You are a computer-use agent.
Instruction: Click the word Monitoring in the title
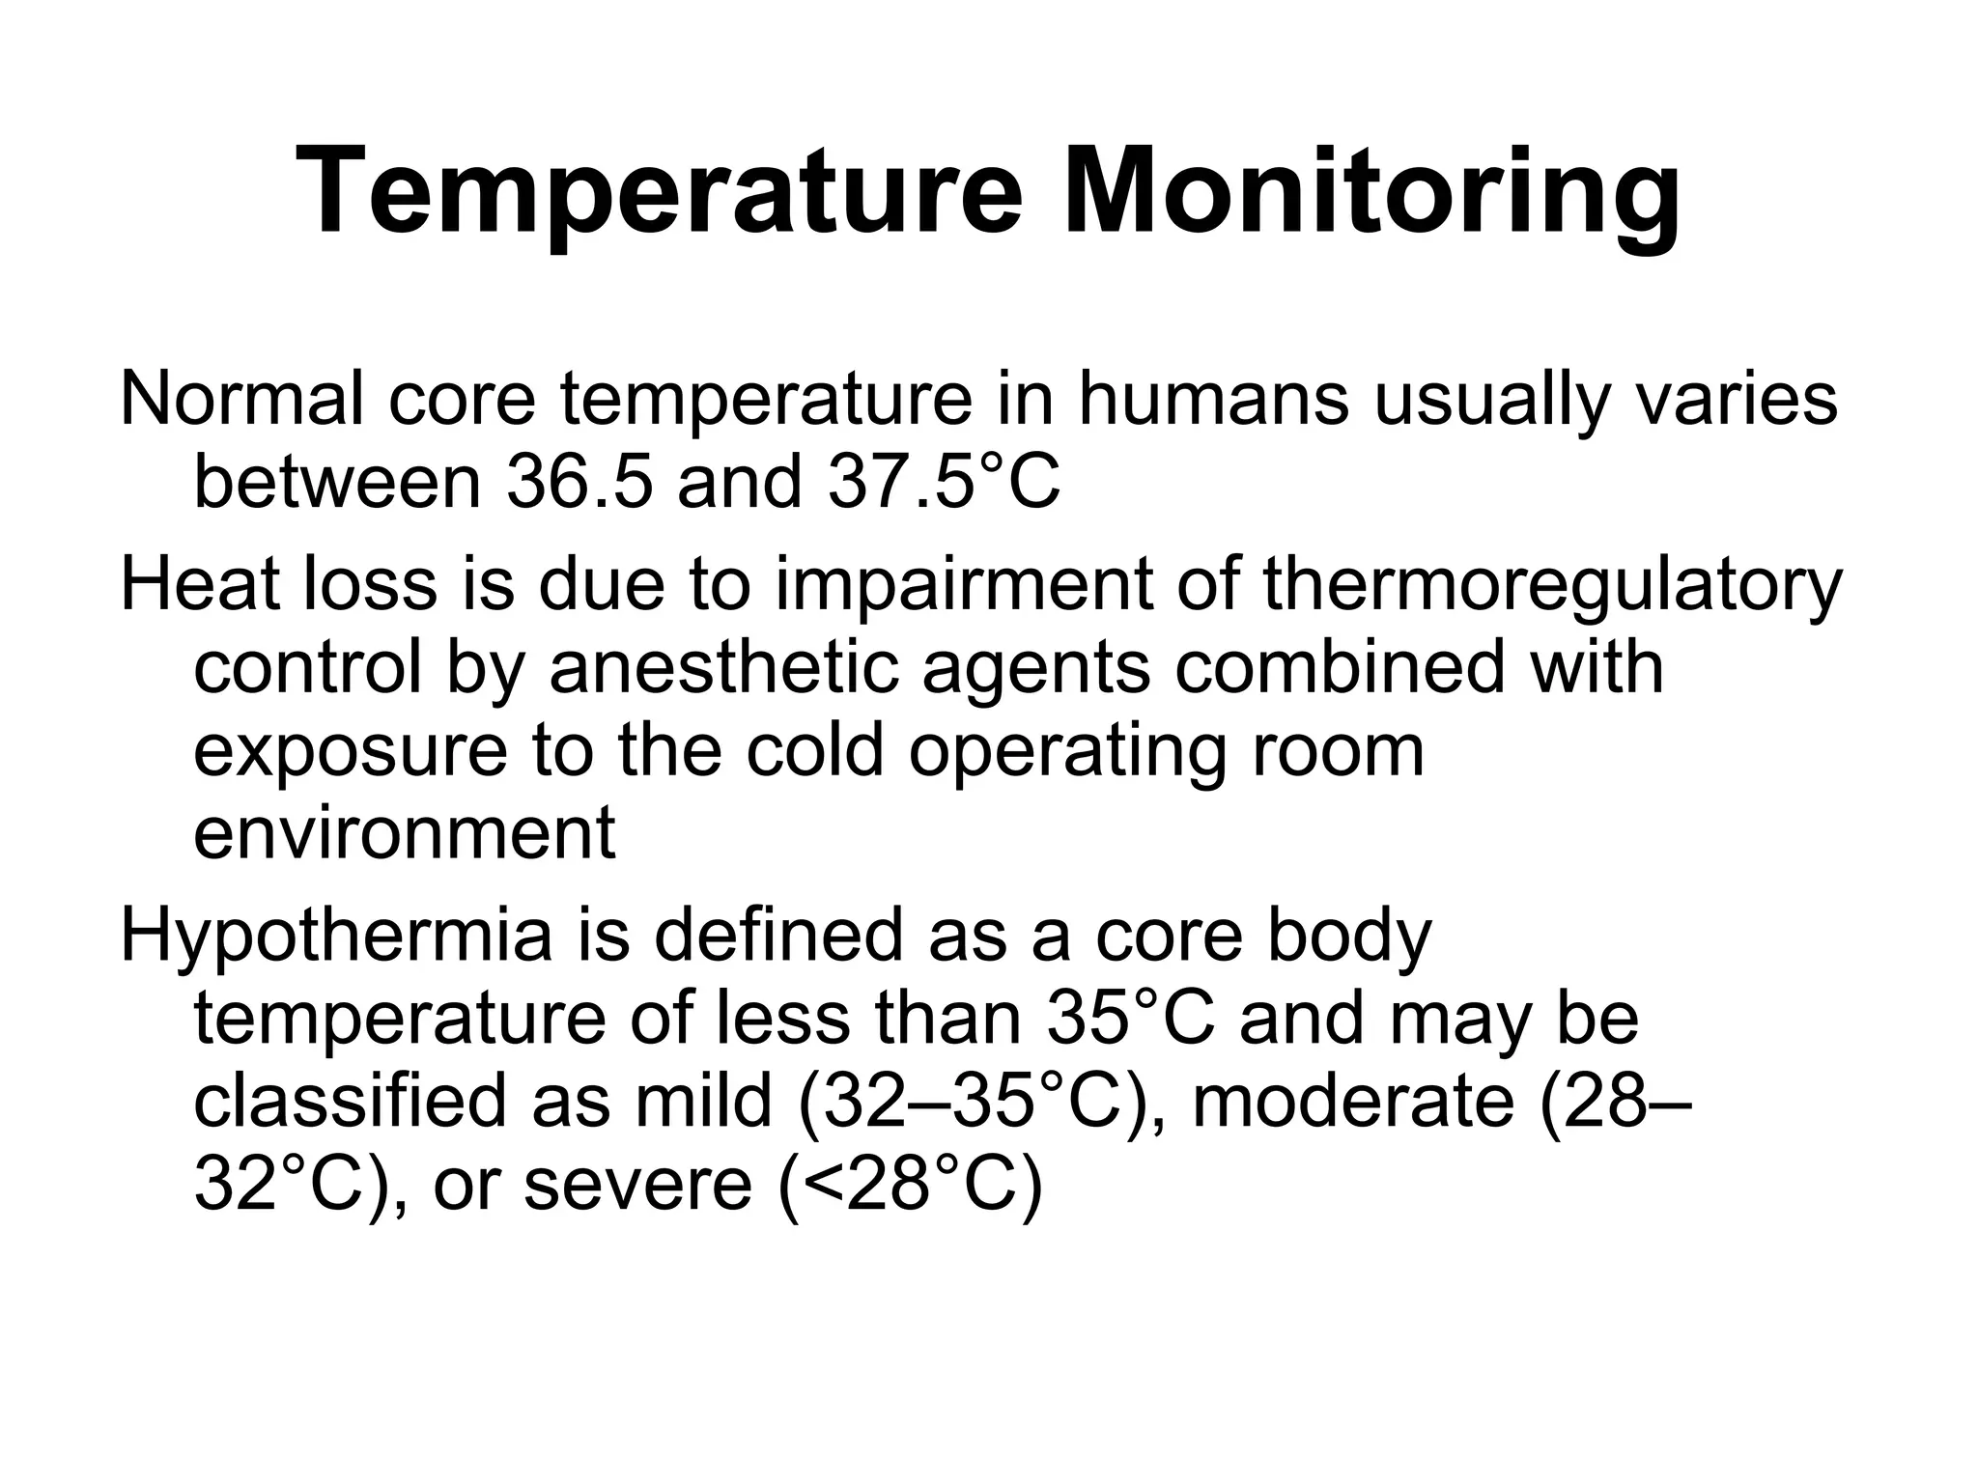[1370, 192]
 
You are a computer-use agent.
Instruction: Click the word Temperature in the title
[659, 192]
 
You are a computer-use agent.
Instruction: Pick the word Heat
[203, 584]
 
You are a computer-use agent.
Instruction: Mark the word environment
[404, 832]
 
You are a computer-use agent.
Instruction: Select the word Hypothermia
[336, 937]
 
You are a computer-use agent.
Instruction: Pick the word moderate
[1352, 1102]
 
